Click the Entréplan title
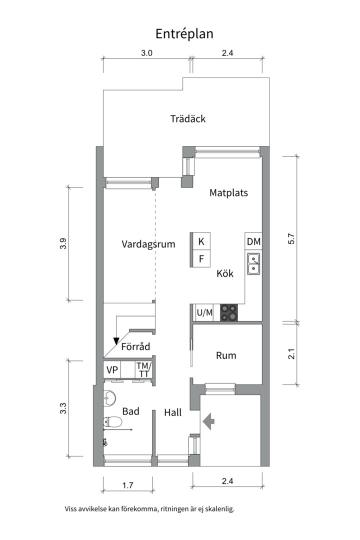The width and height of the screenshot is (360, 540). pos(184,33)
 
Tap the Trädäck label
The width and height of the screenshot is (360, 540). pos(187,119)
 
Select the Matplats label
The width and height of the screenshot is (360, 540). pos(228,192)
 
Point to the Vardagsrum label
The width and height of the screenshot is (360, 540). pos(148,244)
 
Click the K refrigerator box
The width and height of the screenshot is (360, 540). pos(201,241)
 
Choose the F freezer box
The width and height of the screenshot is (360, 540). pos(201,258)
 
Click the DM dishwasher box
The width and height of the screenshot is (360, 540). pos(253,241)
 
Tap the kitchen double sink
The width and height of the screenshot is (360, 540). pos(253,263)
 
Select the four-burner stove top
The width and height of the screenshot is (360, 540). pos(230,312)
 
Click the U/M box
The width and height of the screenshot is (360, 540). pos(204,313)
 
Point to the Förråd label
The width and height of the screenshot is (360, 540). pos(135,346)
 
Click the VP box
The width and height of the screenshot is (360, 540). pos(113,370)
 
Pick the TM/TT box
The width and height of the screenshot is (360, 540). pos(144,370)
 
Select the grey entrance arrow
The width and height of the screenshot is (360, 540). pos(208,421)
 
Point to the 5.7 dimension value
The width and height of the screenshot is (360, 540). pos(292,238)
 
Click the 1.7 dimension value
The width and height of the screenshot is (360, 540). pos(127,484)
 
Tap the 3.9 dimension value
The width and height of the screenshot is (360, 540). pos(62,243)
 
